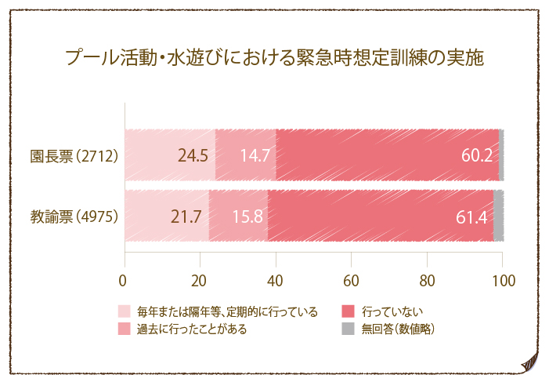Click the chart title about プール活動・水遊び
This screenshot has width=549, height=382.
coord(274,59)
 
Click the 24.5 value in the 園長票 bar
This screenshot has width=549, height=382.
coord(193,155)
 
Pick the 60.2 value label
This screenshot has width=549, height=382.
coord(476,155)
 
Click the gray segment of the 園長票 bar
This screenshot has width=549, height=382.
coord(501,155)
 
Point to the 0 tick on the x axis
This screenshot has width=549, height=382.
coord(124,280)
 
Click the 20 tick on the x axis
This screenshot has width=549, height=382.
coord(200,280)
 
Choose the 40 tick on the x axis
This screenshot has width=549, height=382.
coord(276,280)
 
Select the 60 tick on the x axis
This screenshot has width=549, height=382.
coord(352,280)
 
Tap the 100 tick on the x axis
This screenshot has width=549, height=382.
coord(503,280)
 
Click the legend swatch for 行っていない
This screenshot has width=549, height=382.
coord(349,312)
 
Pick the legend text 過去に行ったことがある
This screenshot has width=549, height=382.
coord(191,329)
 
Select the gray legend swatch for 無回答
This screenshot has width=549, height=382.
coord(349,329)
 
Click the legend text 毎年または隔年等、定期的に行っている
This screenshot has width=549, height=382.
coord(227,312)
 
